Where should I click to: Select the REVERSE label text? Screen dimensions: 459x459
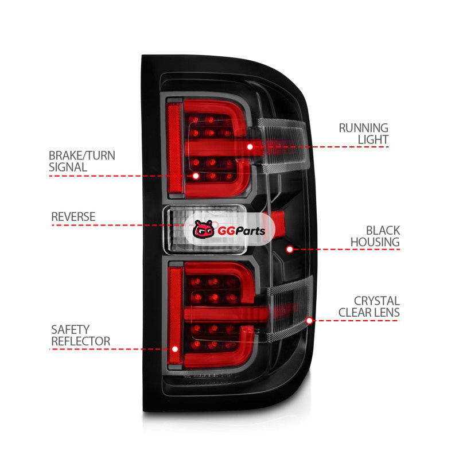[73, 217]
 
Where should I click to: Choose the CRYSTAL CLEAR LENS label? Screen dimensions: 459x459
[369, 307]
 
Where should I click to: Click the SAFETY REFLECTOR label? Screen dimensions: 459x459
[80, 336]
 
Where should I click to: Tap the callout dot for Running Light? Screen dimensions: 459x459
[250, 147]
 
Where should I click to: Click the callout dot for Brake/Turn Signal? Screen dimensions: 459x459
[196, 176]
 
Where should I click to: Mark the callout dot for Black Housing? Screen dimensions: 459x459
[290, 249]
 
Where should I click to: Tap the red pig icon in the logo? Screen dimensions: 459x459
[202, 230]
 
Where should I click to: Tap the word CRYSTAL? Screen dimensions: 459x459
[377, 301]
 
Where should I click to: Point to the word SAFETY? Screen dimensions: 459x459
[71, 330]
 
